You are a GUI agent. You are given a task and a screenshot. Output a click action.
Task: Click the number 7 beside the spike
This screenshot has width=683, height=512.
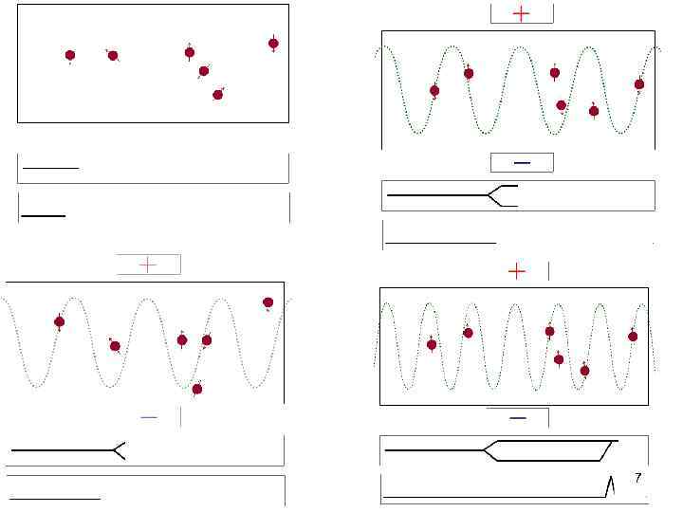(x=638, y=477)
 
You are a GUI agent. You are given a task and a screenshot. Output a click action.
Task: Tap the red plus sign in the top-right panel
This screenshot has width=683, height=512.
(x=521, y=13)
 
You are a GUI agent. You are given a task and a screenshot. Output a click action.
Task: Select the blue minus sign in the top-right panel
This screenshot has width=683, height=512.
(x=521, y=162)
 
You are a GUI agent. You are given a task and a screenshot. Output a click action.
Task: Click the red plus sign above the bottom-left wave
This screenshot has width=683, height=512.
(x=148, y=265)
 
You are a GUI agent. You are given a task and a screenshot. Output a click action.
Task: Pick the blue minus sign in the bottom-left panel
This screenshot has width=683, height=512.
(x=149, y=416)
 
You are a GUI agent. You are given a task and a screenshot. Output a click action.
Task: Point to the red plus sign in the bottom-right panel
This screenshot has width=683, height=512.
(x=517, y=272)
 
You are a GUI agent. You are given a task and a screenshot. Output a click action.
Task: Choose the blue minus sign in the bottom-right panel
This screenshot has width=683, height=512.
(x=517, y=417)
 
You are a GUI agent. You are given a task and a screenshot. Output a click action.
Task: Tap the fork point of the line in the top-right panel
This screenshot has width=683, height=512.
(x=489, y=196)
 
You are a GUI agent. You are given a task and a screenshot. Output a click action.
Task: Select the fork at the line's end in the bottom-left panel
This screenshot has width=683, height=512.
(x=116, y=450)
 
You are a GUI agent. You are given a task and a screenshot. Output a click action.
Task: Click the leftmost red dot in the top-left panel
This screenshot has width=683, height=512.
(x=70, y=56)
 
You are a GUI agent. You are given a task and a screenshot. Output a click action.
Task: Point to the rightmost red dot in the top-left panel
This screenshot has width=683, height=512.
(x=273, y=44)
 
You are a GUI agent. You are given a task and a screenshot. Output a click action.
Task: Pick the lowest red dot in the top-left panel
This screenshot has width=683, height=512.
(x=218, y=94)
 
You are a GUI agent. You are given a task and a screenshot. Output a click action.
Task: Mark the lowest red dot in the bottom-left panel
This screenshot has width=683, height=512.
(x=197, y=389)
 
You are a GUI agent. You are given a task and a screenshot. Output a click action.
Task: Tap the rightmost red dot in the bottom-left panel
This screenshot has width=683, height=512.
(x=268, y=302)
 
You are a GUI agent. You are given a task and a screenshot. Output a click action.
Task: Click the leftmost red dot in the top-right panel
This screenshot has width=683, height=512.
(x=434, y=91)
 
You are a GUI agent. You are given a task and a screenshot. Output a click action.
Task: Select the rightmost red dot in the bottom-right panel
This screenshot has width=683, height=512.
(x=633, y=336)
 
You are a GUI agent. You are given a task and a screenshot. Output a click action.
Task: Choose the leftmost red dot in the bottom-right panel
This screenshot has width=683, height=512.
(x=432, y=344)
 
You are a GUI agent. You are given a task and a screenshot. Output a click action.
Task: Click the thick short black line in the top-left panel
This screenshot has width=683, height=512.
(x=44, y=215)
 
